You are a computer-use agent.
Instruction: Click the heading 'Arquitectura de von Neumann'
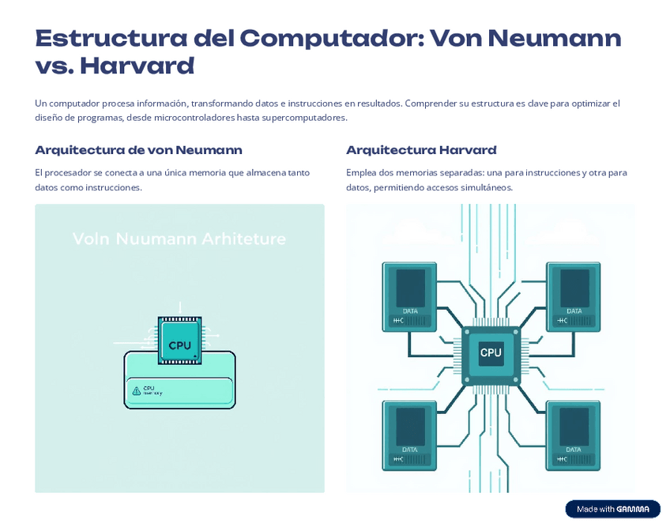click(x=138, y=150)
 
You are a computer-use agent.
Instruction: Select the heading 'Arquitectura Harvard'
click(x=421, y=150)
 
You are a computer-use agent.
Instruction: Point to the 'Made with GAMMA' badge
click(x=612, y=509)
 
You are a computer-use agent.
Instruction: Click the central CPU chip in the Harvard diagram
click(x=491, y=353)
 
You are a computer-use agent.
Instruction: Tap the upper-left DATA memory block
click(x=410, y=295)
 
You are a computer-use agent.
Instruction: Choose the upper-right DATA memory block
click(x=574, y=295)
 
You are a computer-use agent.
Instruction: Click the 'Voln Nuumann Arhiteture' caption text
click(x=179, y=239)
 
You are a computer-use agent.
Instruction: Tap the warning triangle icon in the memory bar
click(x=137, y=390)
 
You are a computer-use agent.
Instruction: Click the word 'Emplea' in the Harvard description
click(x=360, y=172)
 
